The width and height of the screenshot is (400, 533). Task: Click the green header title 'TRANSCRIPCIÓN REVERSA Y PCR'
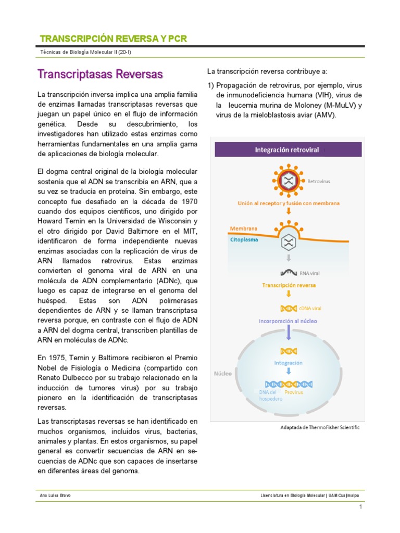pos(113,39)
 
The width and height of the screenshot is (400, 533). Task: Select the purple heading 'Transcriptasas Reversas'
pos(101,74)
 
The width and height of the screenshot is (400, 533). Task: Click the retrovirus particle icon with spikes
pos(287,180)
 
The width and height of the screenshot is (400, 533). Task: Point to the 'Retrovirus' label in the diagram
pos(319,182)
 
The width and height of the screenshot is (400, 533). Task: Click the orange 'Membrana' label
pos(244,229)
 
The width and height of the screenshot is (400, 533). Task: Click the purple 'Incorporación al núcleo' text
pos(287,321)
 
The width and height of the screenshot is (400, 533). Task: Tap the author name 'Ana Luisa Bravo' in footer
pos(56,495)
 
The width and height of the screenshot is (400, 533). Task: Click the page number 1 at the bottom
pos(359,507)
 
